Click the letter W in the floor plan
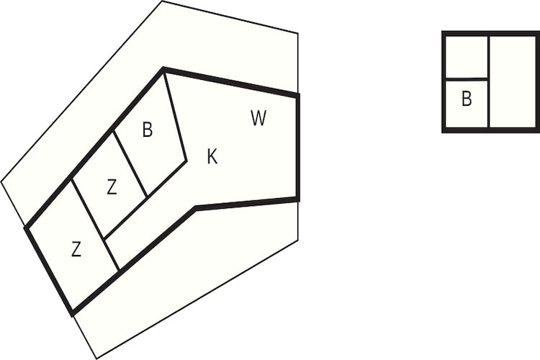(258, 118)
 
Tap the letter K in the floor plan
(212, 156)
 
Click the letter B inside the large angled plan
(148, 130)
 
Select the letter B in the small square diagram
(467, 99)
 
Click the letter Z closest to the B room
(112, 187)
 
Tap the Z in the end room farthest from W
(76, 249)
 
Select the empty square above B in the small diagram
(467, 57)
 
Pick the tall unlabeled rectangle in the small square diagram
(513, 81)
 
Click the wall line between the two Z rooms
(95, 224)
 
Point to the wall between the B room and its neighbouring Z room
(130, 163)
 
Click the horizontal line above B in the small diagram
(467, 79)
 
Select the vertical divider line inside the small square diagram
(488, 81)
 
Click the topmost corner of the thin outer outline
(162, 1)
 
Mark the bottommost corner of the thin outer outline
(96, 359)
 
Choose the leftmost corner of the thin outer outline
(1, 181)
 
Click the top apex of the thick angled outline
(163, 69)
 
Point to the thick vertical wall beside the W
(297, 147)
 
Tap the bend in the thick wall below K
(196, 208)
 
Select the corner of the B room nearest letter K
(186, 161)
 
